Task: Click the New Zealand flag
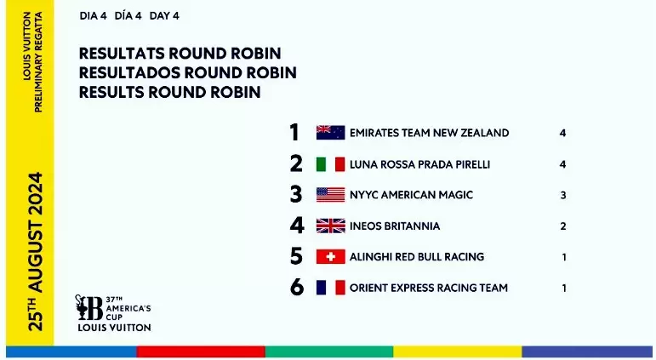[330, 133]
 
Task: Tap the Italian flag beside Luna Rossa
[330, 164]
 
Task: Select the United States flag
[330, 195]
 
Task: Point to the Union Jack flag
[330, 226]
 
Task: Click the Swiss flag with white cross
[330, 257]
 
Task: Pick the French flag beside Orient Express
[330, 288]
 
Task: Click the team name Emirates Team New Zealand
[429, 133]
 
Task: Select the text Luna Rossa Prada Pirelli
[419, 164]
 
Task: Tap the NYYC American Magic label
[411, 195]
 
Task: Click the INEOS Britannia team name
[395, 226]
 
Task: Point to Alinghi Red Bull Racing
[417, 257]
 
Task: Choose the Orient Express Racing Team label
[429, 288]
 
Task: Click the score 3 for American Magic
[563, 195]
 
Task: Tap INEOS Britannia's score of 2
[563, 226]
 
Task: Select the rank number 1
[294, 132]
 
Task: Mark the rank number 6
[297, 287]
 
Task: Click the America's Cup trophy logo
[88, 308]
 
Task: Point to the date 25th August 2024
[35, 251]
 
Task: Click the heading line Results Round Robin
[170, 92]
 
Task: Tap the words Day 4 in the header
[164, 16]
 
